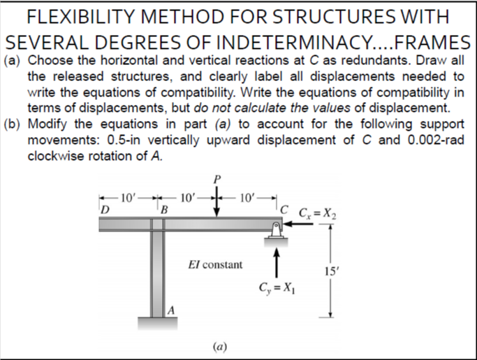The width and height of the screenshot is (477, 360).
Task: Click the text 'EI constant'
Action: tap(216, 265)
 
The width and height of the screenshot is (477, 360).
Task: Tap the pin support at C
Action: tap(277, 231)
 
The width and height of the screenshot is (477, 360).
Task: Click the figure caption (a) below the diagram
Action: tap(219, 345)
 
